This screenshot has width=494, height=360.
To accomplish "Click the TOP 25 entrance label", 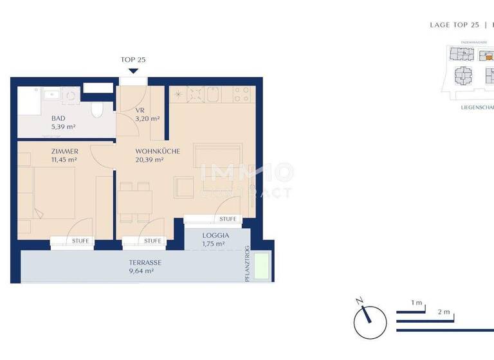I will [x=133, y=60].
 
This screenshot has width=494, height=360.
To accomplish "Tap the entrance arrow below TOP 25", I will [x=133, y=71].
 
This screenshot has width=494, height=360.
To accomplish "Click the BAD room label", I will [x=59, y=118].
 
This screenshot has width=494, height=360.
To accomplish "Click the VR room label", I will [x=140, y=110].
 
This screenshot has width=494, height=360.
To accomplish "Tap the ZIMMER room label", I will [x=64, y=151].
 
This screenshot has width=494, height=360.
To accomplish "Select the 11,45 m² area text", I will [x=64, y=160].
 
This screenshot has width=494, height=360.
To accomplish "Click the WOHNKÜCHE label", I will [x=157, y=152].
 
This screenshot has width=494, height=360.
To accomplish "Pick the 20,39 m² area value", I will [x=149, y=160].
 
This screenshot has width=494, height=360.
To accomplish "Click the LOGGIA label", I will [x=215, y=235].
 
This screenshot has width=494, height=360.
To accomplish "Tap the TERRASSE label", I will [x=144, y=262].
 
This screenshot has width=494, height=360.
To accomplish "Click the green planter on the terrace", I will [x=261, y=266].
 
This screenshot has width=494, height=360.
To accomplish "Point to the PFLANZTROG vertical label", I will [x=247, y=264].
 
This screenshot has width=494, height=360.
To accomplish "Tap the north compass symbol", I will [x=370, y=321].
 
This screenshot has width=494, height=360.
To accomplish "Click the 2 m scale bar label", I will [x=443, y=311].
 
